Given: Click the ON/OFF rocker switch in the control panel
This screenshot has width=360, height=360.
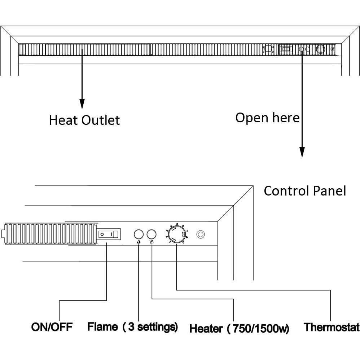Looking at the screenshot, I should pos(109,234).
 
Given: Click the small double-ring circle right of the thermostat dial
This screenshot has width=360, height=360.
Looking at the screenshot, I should pos(201,234).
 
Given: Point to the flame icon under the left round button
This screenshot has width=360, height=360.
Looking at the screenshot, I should pos(139,242).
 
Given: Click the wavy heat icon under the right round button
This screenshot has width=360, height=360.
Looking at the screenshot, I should pos(152,242).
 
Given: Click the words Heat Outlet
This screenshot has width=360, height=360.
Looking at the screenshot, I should pos(84,120).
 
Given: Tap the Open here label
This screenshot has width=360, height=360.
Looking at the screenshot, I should pos(267,118).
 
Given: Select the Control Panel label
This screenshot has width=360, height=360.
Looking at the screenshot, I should pos(305,191).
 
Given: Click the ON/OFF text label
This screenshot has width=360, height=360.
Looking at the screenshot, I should pos(52,327).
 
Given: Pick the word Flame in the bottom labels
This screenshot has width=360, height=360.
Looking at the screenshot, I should pos(102,327).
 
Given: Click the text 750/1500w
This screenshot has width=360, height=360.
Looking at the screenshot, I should pos(259,329).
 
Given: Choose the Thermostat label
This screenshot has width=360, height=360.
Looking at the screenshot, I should pos(332,327).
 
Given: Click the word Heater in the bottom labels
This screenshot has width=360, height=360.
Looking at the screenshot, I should pos(206,329).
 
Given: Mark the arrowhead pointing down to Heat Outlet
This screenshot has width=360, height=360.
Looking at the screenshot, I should pos(82,104).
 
